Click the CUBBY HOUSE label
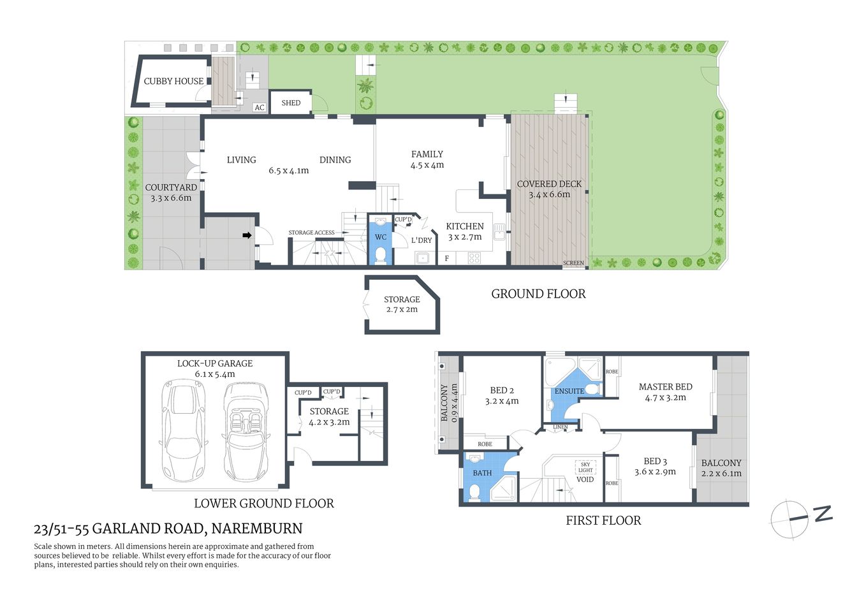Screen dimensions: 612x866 coord(173,81)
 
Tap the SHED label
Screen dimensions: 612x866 coord(291,103)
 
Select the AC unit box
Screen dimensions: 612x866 coord(260,108)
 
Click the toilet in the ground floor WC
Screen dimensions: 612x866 coord(381,255)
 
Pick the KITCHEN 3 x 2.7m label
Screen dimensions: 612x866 coord(464,231)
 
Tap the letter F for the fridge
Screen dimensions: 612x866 coord(446,258)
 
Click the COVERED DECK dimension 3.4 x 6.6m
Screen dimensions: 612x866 coord(549,194)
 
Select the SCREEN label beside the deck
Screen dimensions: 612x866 coord(573,263)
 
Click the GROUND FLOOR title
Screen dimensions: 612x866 coord(538,294)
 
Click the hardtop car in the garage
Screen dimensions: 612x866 coord(184,432)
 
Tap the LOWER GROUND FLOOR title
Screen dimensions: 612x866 coord(263,504)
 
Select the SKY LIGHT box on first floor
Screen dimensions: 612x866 coord(585,467)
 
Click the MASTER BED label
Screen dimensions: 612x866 coord(665,386)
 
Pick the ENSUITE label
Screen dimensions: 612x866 coord(569,391)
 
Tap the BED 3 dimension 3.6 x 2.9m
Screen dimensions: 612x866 coord(655,472)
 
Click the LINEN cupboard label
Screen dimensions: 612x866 coord(560,427)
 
